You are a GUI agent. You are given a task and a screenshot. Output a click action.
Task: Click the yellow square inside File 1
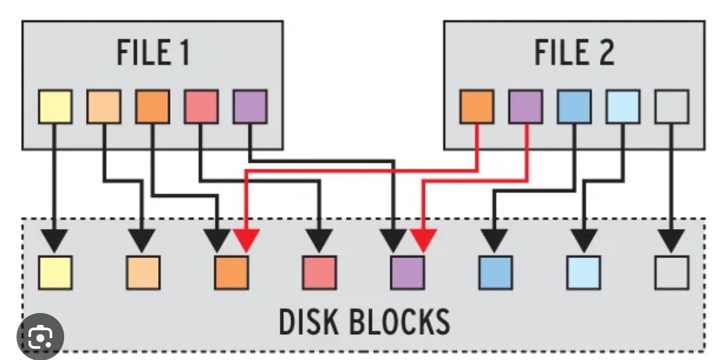55,107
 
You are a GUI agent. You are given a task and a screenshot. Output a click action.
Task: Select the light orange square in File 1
104,107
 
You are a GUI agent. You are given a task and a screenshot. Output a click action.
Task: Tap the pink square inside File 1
201,107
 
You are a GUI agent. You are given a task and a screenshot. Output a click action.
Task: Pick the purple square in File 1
250,107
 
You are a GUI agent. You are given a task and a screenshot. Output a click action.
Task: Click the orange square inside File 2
477,107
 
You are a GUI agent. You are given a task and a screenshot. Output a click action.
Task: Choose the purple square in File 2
526,107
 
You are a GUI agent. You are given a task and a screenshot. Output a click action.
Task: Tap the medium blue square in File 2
574,107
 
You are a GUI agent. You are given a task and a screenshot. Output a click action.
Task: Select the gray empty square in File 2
672,107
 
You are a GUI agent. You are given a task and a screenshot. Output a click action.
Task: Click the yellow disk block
55,273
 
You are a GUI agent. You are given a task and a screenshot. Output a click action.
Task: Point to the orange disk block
232,273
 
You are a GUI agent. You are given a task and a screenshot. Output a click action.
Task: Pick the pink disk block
319,273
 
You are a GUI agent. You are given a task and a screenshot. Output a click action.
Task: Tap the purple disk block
408,273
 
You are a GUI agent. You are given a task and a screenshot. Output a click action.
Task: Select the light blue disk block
584,273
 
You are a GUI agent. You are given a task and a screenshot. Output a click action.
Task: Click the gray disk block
672,273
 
